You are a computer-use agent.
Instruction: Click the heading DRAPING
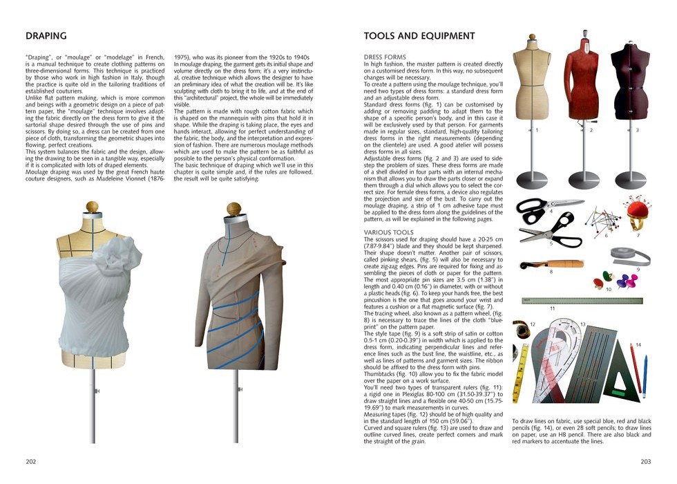(46, 36)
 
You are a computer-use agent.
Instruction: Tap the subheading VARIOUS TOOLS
(388, 232)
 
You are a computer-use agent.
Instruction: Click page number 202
(31, 460)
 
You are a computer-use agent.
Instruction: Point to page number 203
(645, 460)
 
